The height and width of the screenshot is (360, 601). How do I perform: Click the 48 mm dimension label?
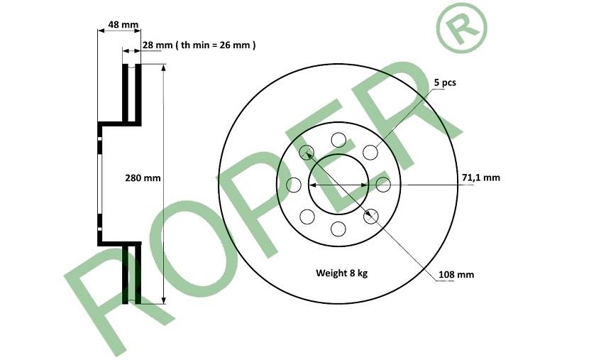tap(123, 25)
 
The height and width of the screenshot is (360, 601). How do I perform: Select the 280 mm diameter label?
tap(143, 178)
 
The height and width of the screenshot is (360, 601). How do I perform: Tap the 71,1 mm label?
tap(480, 178)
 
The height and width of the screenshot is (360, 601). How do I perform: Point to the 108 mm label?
tap(456, 275)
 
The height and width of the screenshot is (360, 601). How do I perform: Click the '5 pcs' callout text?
tap(445, 82)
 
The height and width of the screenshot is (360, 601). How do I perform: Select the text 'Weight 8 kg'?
tap(341, 273)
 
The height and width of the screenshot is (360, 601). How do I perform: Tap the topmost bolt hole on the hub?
tap(338, 140)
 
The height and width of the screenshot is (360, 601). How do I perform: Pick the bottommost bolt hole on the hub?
tap(338, 229)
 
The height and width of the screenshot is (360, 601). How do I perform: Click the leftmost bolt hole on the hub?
tap(294, 185)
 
